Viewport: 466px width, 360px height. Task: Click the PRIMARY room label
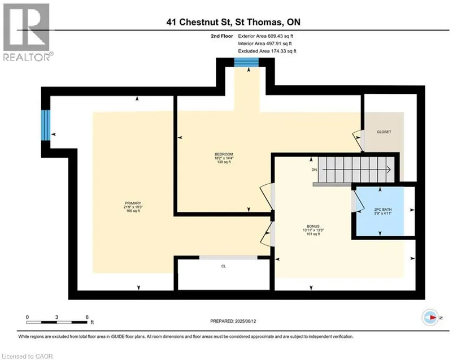pyautogui.click(x=133, y=203)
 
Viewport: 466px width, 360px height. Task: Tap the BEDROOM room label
pyautogui.click(x=224, y=154)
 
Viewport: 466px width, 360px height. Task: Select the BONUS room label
pyautogui.click(x=313, y=226)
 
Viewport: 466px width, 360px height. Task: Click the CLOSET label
pyautogui.click(x=384, y=132)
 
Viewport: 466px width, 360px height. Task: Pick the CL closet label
pyautogui.click(x=224, y=266)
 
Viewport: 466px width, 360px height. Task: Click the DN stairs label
pyautogui.click(x=314, y=170)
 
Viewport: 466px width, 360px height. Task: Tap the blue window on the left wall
pyautogui.click(x=46, y=125)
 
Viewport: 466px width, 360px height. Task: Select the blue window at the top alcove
pyautogui.click(x=246, y=62)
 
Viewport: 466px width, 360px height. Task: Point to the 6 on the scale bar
pyautogui.click(x=87, y=317)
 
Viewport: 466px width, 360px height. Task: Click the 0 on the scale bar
pyautogui.click(x=27, y=317)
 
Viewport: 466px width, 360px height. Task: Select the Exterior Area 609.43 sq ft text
pyautogui.click(x=265, y=36)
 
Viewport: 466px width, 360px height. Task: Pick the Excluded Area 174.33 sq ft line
pyautogui.click(x=267, y=51)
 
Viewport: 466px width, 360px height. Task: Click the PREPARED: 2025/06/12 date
pyautogui.click(x=233, y=321)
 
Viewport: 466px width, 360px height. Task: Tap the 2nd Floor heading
pyautogui.click(x=222, y=36)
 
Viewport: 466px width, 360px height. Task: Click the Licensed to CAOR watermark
pyautogui.click(x=27, y=356)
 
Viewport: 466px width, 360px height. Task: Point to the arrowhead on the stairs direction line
pyautogui.click(x=389, y=170)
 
